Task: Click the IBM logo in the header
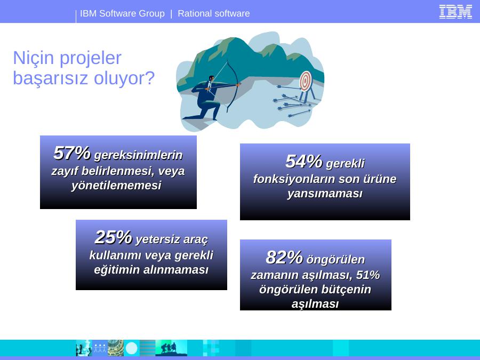[455, 12]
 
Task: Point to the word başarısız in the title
[51, 78]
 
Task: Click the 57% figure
[72, 153]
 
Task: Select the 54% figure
[303, 161]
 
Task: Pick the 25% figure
[113, 237]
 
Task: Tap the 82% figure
[284, 257]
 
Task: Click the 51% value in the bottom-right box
[367, 275]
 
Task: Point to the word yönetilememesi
[116, 186]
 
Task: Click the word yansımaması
[325, 194]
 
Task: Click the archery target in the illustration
[306, 81]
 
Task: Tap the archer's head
[211, 79]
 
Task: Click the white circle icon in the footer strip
[132, 348]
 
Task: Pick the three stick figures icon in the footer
[100, 348]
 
